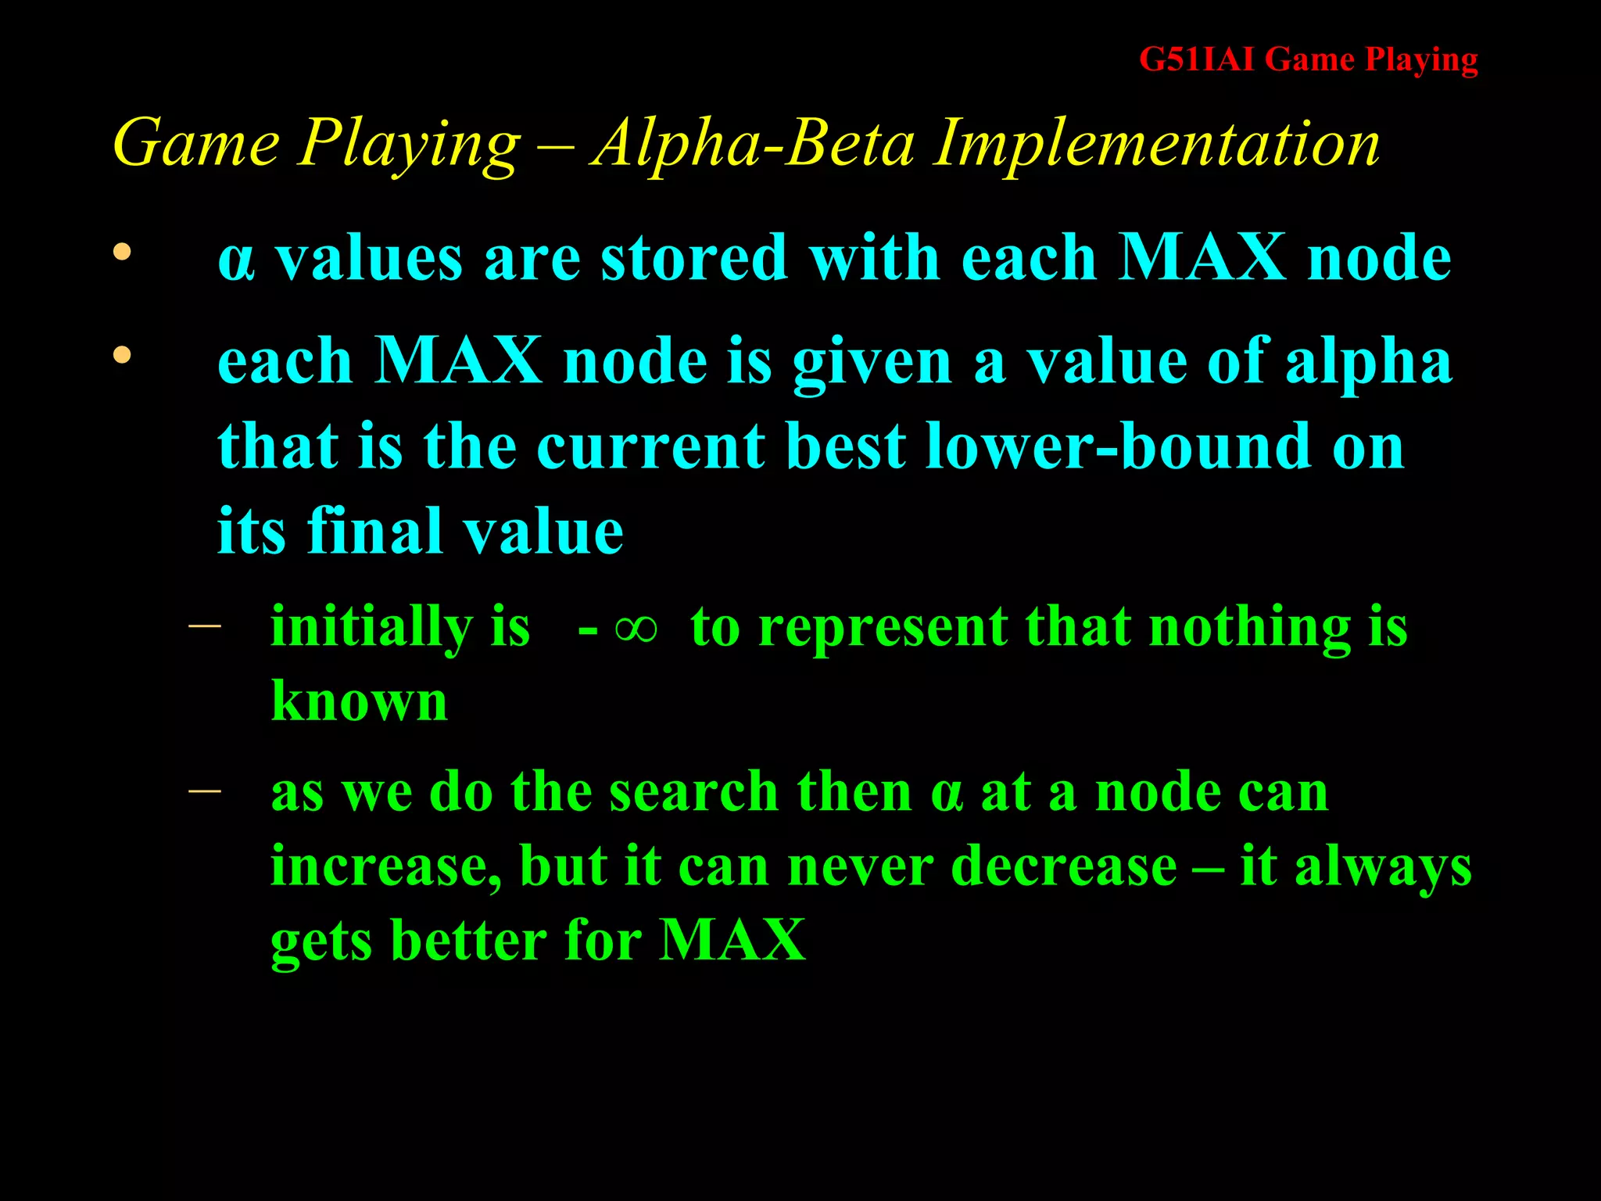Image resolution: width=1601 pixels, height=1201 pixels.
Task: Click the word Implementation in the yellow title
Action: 1157,144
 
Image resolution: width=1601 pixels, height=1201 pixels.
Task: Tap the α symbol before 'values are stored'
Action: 235,260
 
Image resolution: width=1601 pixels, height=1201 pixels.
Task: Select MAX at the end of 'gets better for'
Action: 732,940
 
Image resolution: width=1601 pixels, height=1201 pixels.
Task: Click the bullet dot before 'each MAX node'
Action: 121,356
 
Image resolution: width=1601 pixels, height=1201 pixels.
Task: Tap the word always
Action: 1383,867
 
